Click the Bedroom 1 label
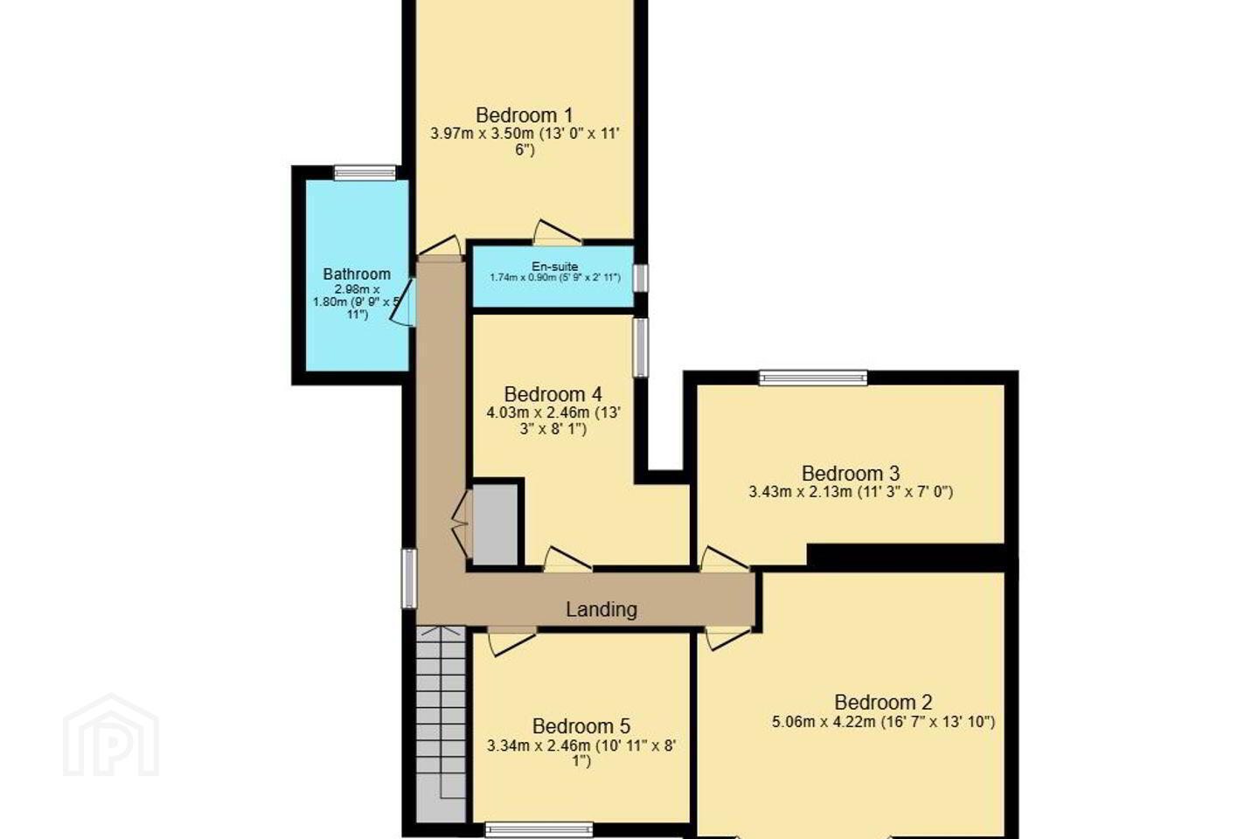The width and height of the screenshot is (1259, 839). pos(524,115)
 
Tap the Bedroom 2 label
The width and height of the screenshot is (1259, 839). pos(883,703)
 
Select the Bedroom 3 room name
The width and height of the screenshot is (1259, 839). pos(851,473)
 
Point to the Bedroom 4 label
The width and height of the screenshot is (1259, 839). pos(553,394)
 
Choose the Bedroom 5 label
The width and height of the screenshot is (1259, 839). pos(581,726)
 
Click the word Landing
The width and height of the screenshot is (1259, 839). pos(602,609)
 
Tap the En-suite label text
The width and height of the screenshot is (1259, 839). pos(554,267)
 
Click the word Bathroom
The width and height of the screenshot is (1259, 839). pos(357,274)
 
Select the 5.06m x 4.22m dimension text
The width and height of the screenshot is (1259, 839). pos(824,722)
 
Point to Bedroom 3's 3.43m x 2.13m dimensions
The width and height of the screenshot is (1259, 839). pos(800,492)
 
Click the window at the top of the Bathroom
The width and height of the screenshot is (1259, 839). pos(365,172)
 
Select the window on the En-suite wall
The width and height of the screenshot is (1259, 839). pos(640,278)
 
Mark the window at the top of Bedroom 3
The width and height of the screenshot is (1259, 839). pos(813,378)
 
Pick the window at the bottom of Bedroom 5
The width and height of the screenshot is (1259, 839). pos(539,830)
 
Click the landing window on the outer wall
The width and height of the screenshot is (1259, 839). pos(409,579)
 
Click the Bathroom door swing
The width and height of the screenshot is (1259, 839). pos(404,302)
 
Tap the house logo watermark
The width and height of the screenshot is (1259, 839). pos(111,735)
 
